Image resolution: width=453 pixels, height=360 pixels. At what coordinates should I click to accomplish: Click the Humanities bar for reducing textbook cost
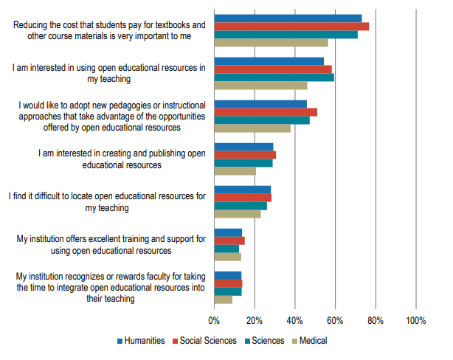pos(288,18)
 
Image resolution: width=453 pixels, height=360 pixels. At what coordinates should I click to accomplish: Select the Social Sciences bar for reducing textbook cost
pos(291,27)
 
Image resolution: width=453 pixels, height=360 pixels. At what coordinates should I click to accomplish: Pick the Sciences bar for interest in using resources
pos(274,77)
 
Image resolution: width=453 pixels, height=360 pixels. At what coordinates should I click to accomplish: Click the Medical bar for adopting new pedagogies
pos(252,128)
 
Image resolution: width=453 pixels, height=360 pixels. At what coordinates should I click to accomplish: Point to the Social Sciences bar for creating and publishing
pos(245,155)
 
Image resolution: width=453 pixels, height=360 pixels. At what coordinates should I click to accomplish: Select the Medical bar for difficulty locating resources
pos(238,215)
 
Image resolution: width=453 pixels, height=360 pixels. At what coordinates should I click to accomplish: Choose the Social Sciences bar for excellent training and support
pos(229,240)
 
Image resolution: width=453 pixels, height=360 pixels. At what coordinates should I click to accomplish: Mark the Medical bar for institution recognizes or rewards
pos(224,300)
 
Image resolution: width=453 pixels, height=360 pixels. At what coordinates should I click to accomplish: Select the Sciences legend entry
pos(264,341)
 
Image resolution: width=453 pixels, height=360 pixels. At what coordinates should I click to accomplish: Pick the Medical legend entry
pos(310,341)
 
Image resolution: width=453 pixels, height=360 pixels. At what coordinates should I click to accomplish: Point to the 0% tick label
pos(214,322)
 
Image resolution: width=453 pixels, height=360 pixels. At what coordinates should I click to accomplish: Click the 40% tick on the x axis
pos(295,322)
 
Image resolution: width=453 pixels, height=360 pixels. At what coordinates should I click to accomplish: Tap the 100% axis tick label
pos(415,322)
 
